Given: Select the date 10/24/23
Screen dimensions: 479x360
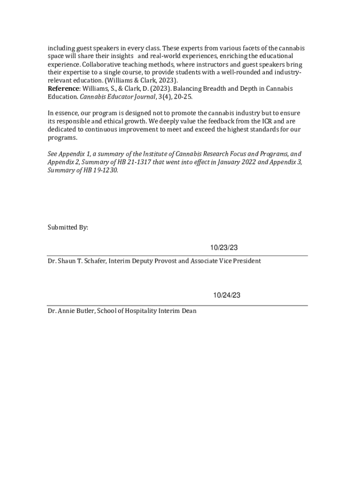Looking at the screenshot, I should coord(227,295).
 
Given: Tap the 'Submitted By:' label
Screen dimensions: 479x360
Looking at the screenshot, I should coord(68,227).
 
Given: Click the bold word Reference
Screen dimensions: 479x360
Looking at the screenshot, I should coord(64,89).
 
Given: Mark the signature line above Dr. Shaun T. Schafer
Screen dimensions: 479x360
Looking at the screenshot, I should coord(178,256).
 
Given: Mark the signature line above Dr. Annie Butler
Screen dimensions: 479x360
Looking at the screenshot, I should coord(178,305).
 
